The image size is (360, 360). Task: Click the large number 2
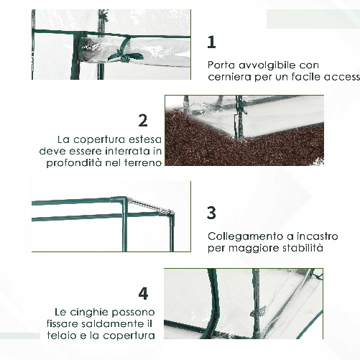point(144,120)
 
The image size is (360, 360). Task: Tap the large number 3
point(211,213)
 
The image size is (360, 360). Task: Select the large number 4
point(144,293)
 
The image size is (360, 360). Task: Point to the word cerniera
point(229,77)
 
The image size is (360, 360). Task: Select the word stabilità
point(300,248)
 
